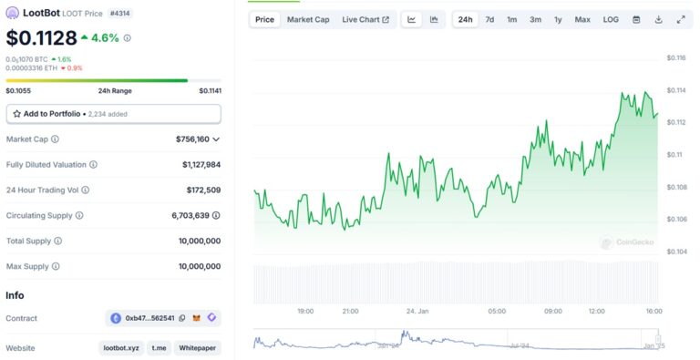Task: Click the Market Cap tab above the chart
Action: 308,19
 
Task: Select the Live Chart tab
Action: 365,19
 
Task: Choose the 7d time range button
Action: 489,19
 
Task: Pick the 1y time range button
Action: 558,19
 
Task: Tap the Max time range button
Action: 582,19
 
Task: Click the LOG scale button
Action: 611,19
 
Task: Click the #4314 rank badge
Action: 120,14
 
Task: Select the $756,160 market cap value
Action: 192,139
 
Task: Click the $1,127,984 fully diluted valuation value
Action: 201,165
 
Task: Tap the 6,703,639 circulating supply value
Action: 196,216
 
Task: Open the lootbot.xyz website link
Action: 120,348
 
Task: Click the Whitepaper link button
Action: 199,348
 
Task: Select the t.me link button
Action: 159,348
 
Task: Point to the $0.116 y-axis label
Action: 675,58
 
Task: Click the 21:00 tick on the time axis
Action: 350,311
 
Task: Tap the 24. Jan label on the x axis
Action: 417,311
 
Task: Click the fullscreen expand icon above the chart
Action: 681,19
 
